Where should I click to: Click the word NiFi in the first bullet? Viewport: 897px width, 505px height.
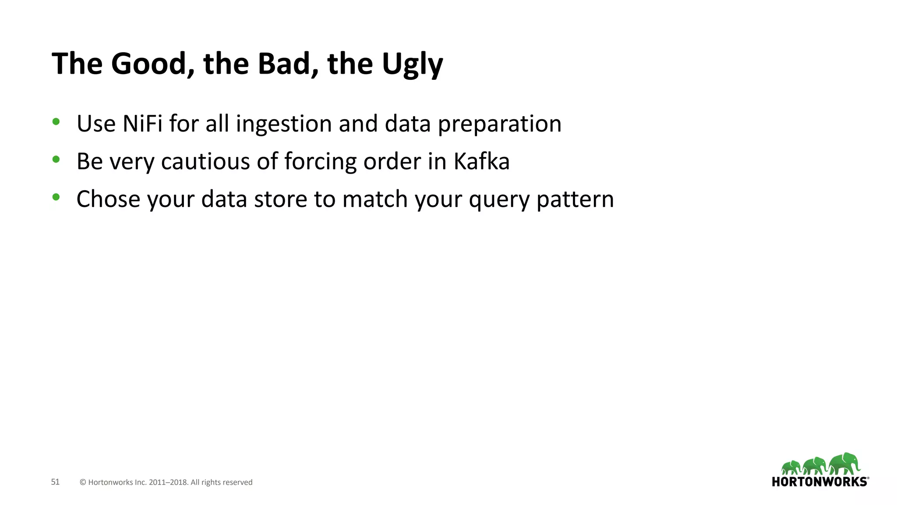point(142,124)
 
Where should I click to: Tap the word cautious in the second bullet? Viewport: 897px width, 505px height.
point(205,162)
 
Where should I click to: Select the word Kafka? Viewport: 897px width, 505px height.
point(481,161)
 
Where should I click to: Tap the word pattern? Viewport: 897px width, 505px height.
point(575,200)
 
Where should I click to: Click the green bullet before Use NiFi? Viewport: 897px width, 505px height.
point(56,122)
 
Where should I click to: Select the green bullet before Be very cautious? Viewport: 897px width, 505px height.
point(56,160)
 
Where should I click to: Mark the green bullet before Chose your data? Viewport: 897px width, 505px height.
point(56,197)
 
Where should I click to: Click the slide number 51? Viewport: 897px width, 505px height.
point(55,482)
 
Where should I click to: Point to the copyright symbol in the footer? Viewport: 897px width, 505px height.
point(83,482)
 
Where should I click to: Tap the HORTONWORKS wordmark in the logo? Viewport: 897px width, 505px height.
point(819,482)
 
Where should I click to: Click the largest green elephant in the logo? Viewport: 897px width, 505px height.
point(844,463)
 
